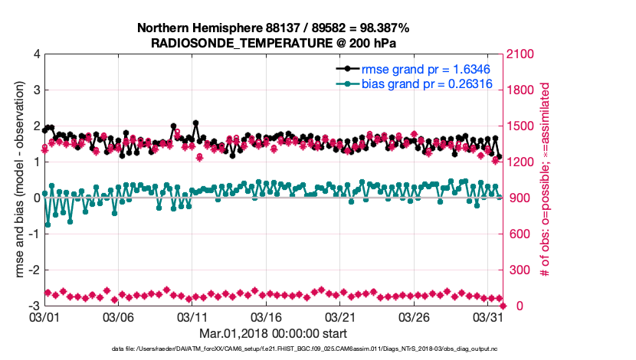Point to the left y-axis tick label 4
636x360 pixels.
point(36,54)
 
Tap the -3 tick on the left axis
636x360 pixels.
point(34,306)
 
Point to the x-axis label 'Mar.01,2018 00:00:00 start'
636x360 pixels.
point(273,333)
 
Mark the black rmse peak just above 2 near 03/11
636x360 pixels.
point(196,123)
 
